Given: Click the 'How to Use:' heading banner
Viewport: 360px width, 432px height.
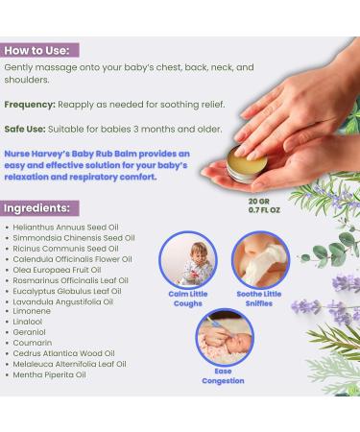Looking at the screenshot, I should click(40, 50).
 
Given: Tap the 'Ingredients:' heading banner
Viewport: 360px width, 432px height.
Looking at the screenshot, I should click(39, 206).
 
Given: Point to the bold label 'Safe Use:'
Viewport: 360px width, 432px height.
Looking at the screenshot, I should click(26, 128).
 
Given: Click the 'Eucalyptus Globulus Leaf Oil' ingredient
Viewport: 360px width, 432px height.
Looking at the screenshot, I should click(67, 290).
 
